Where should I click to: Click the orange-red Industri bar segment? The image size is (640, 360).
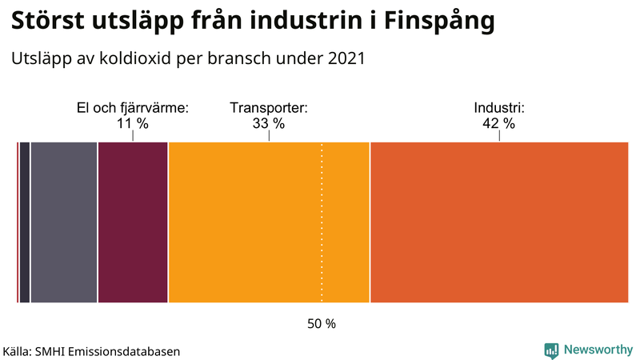pyautogui.click(x=499, y=222)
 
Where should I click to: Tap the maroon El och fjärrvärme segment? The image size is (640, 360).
pyautogui.click(x=133, y=222)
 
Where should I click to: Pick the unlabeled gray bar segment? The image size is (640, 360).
pyautogui.click(x=64, y=222)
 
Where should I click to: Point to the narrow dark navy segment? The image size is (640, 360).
pyautogui.click(x=24, y=222)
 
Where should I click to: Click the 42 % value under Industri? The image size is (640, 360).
pyautogui.click(x=499, y=123)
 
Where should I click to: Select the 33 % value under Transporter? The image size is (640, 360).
pyautogui.click(x=269, y=123)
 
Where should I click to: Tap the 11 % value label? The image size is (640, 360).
pyautogui.click(x=133, y=123)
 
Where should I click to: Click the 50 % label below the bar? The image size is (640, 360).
pyautogui.click(x=322, y=324)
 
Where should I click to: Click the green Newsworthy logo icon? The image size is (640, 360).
pyautogui.click(x=551, y=350)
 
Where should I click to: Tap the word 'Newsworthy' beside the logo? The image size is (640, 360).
pyautogui.click(x=598, y=350)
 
